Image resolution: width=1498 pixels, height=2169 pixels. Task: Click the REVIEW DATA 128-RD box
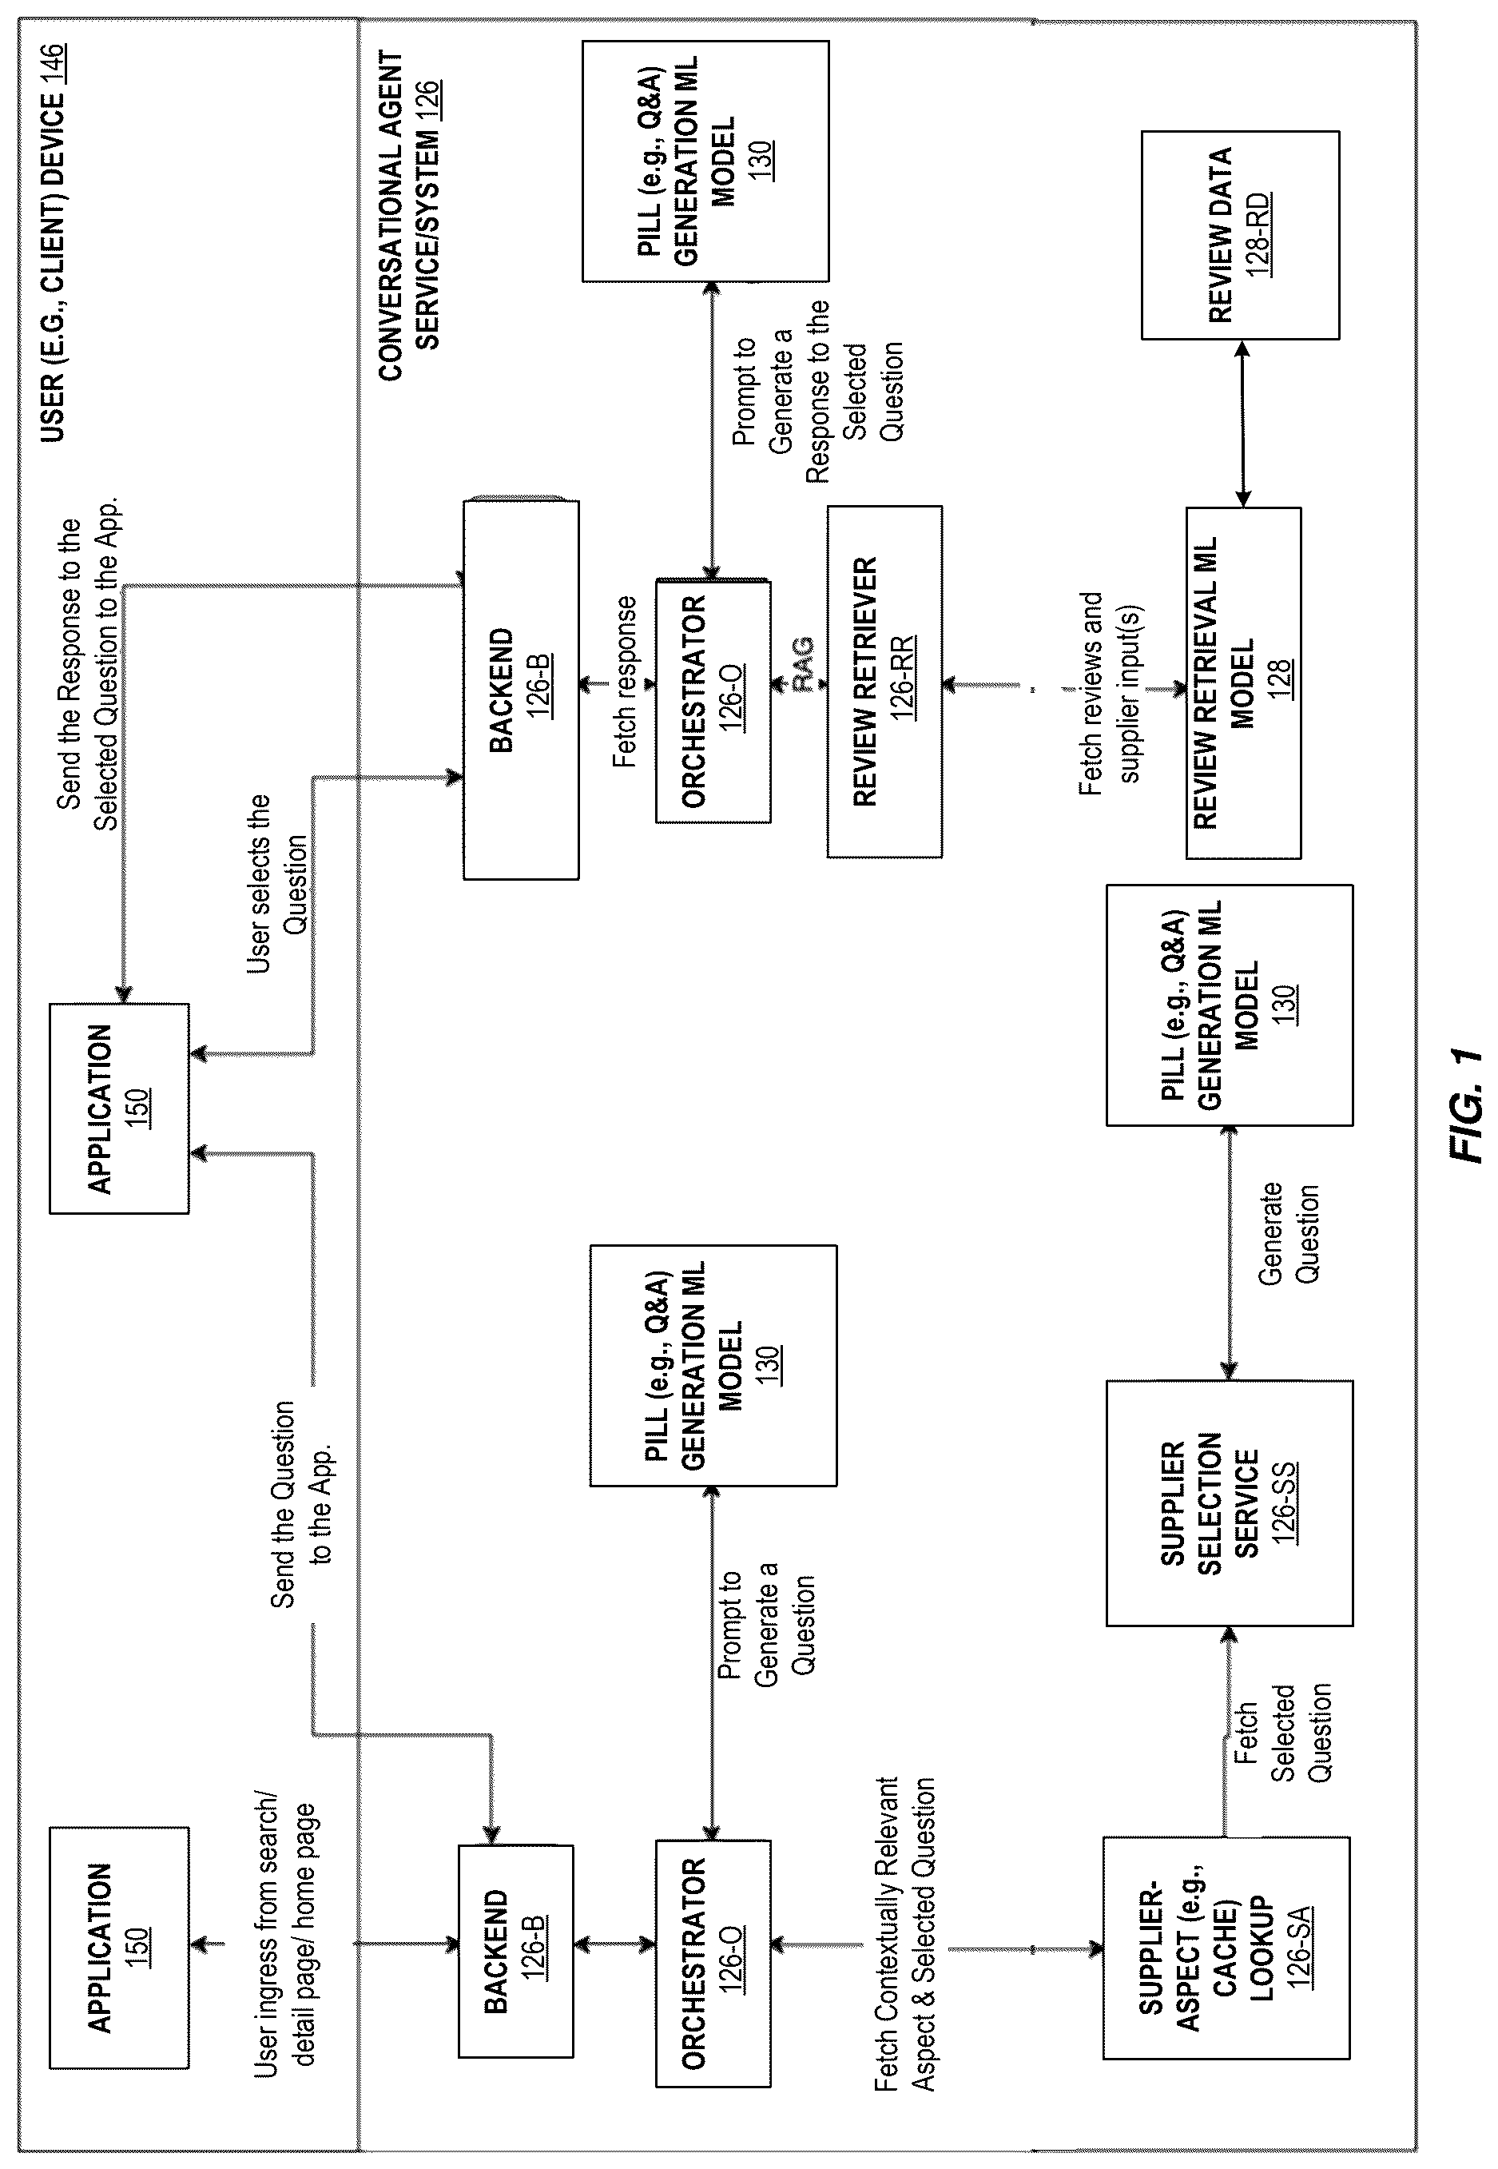pyautogui.click(x=1240, y=235)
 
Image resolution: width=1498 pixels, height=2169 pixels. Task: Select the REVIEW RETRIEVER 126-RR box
pyautogui.click(x=884, y=682)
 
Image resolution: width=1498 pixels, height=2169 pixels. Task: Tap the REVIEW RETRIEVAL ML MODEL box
pyautogui.click(x=1244, y=683)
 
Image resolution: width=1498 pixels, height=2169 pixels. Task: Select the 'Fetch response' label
pyautogui.click(x=624, y=682)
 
